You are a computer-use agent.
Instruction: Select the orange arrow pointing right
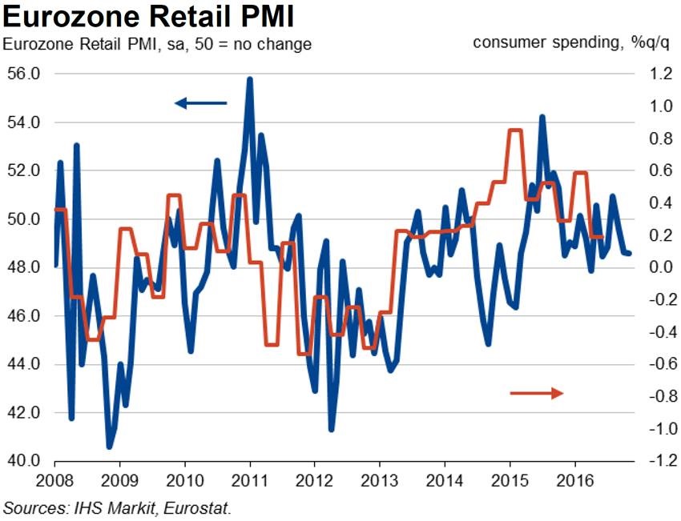(x=537, y=392)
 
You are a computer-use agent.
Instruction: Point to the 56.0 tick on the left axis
(x=24, y=74)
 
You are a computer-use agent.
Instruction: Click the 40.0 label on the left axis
(x=24, y=462)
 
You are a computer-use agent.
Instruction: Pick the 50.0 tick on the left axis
(x=24, y=219)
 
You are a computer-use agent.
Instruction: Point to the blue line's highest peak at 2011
(x=250, y=79)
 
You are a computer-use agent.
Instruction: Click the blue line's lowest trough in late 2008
(x=110, y=447)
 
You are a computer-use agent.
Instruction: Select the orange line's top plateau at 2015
(x=515, y=130)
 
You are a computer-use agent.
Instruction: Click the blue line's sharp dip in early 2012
(x=332, y=429)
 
